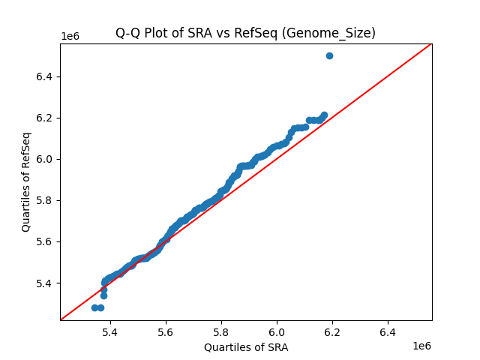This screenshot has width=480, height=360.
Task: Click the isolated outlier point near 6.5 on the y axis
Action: [x=329, y=55]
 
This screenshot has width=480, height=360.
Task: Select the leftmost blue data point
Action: [x=94, y=307]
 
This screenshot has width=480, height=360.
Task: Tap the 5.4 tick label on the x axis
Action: [x=110, y=331]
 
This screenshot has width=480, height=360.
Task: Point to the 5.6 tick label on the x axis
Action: [x=166, y=331]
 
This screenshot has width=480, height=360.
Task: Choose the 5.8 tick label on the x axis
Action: [x=221, y=331]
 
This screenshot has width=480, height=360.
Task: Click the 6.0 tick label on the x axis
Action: [x=277, y=331]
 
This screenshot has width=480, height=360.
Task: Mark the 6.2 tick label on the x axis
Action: [x=332, y=331]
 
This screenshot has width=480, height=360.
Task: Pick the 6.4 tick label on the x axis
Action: [x=388, y=331]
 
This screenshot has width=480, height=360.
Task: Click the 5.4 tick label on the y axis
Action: [x=45, y=283]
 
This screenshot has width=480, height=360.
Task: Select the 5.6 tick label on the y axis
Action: [x=45, y=241]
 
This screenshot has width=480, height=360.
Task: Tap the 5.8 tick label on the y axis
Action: [x=45, y=200]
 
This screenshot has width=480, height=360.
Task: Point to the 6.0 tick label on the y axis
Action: [x=45, y=159]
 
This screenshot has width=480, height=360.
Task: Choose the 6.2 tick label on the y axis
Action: [x=45, y=118]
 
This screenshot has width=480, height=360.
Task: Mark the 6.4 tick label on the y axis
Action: [x=45, y=76]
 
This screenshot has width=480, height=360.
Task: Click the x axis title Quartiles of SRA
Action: [x=246, y=347]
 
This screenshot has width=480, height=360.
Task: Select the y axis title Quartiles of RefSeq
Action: [x=26, y=181]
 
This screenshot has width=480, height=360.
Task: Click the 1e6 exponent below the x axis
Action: [x=421, y=346]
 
